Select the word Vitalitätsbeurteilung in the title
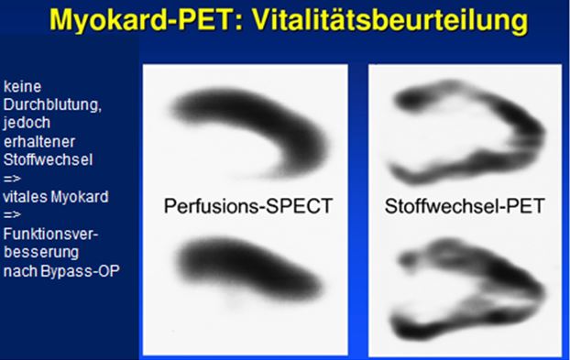tap(389, 21)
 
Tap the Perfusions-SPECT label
tap(248, 206)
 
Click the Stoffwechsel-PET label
tap(465, 206)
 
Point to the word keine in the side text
tap(23, 86)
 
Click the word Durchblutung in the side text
tap(52, 105)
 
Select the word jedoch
tap(27, 123)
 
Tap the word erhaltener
tap(39, 142)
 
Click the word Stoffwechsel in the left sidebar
tap(48, 159)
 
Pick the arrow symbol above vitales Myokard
tap(12, 179)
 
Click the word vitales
tap(25, 197)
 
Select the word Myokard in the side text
tap(80, 197)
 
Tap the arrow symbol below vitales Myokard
tap(12, 215)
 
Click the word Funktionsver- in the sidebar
tap(51, 234)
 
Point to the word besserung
tap(41, 253)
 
